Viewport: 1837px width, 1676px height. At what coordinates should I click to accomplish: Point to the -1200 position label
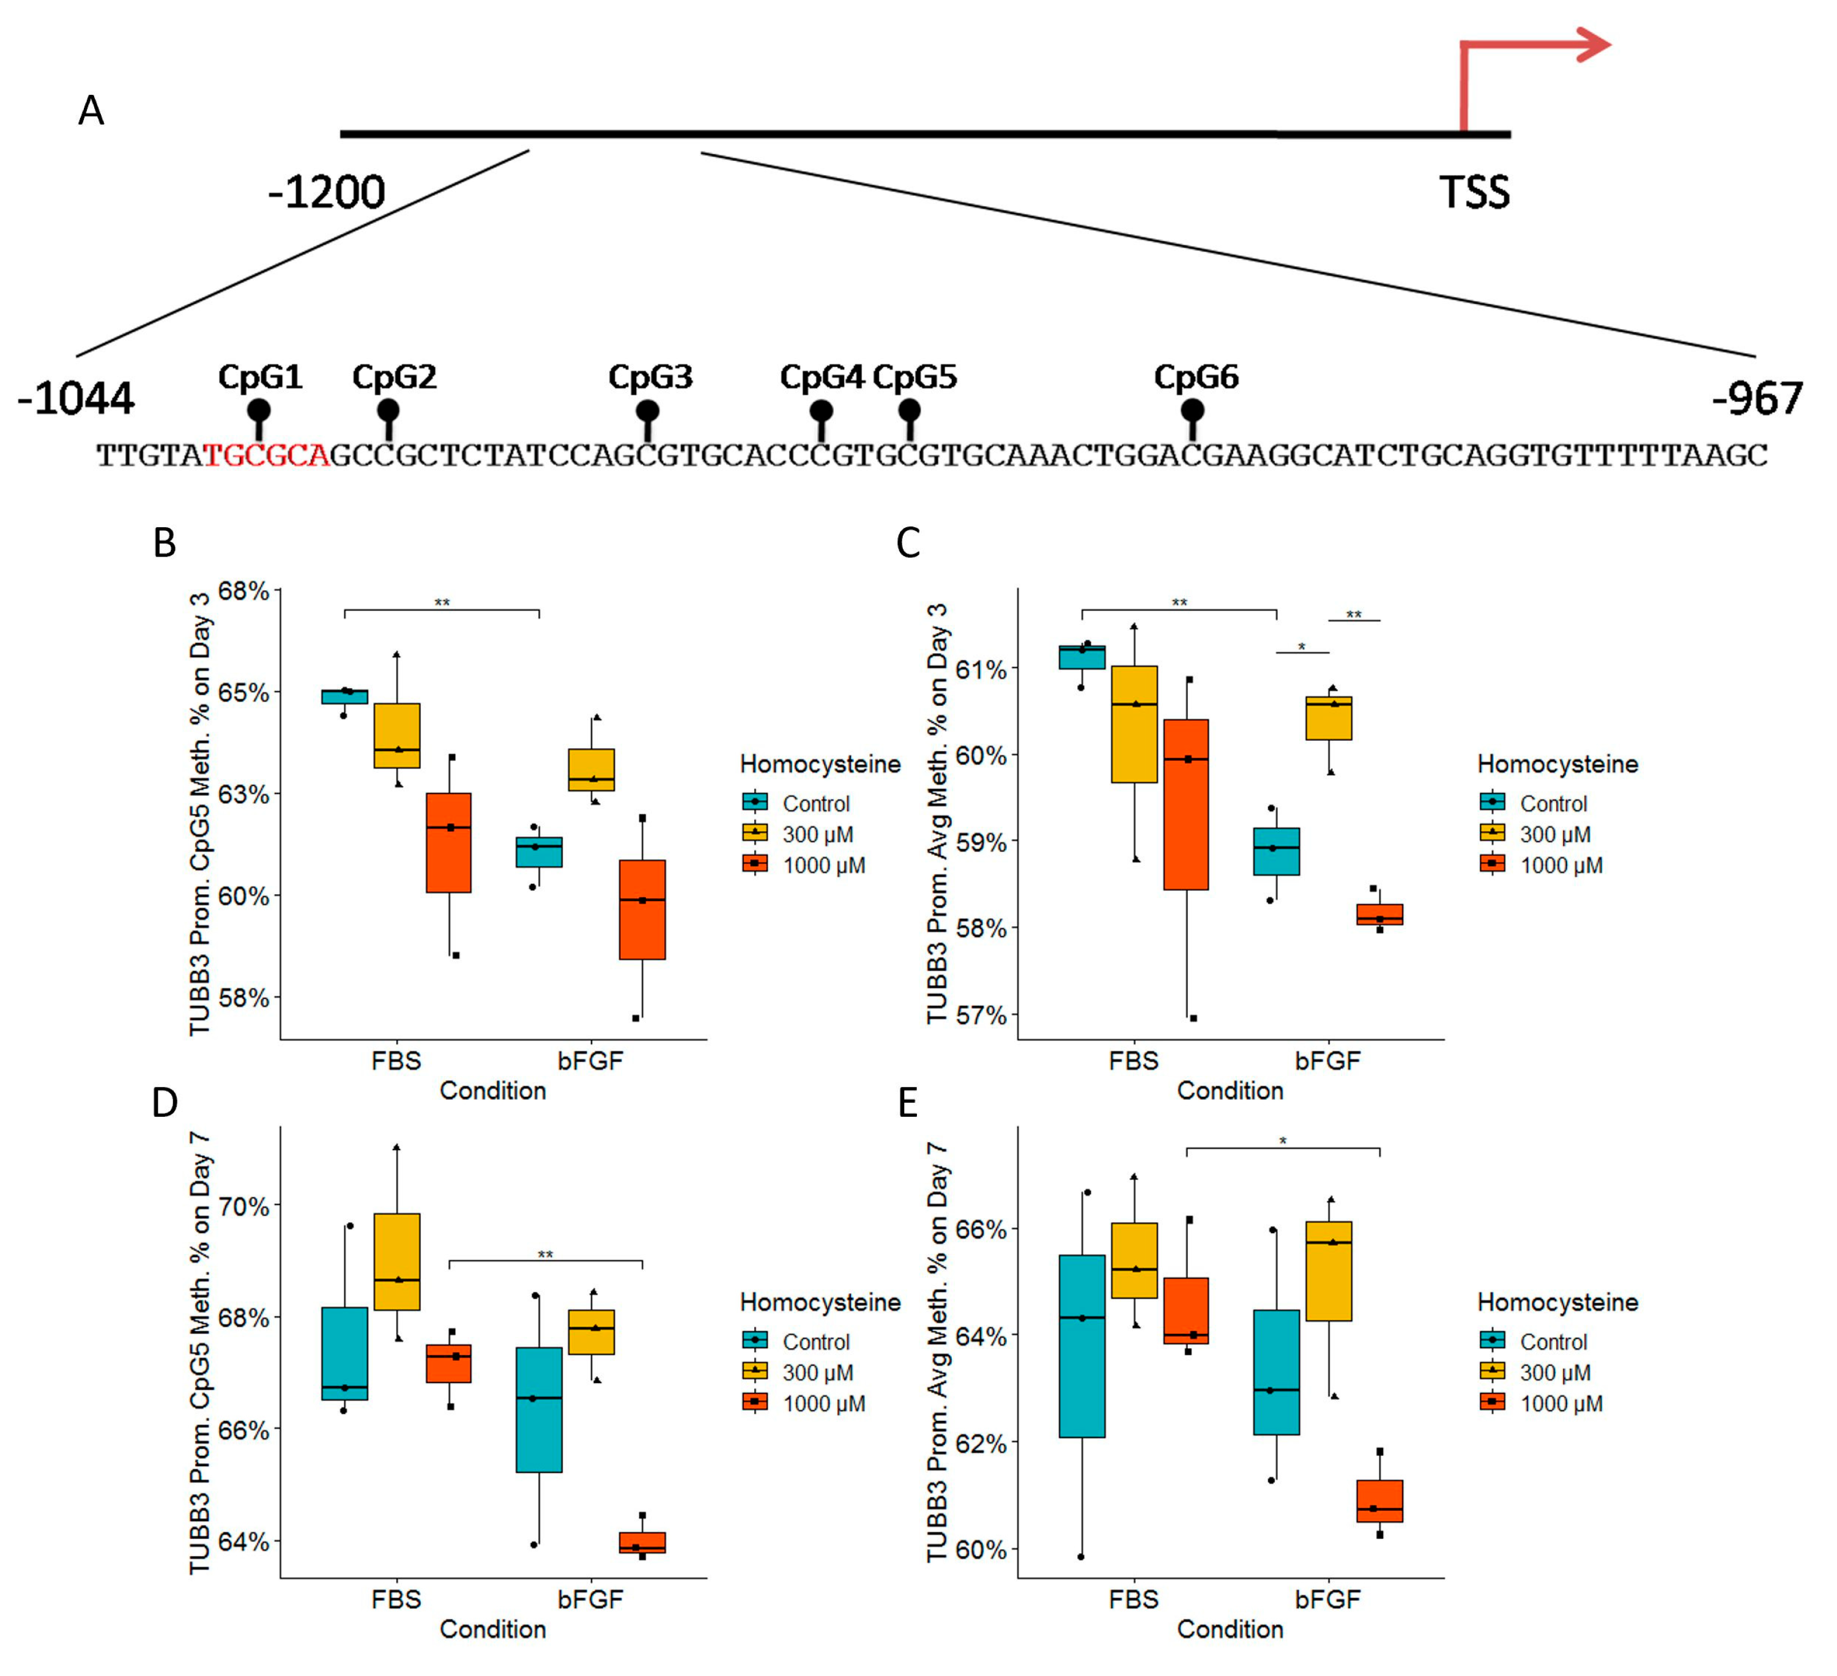(x=326, y=192)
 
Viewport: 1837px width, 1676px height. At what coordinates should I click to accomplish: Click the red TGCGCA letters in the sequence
(x=266, y=454)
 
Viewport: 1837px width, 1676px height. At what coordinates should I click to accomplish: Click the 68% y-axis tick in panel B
(x=243, y=591)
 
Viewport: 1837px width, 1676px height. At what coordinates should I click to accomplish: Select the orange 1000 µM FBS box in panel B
(x=448, y=842)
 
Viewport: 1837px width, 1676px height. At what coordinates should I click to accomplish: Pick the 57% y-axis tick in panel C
(x=981, y=1015)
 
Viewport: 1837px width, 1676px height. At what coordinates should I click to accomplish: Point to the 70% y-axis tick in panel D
(x=243, y=1207)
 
